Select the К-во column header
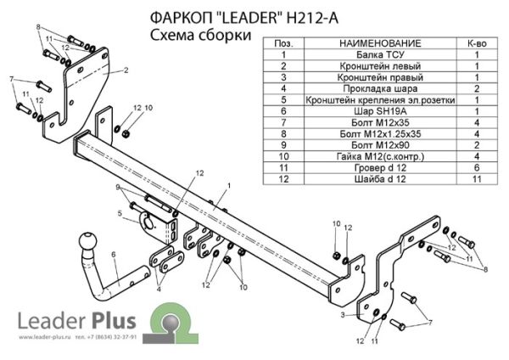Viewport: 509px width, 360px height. (477, 41)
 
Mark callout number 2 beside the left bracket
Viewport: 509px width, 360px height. (125, 70)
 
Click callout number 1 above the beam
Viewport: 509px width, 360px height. (228, 185)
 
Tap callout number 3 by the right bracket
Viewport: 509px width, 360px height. (344, 314)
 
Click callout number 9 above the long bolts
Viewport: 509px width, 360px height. (119, 188)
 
